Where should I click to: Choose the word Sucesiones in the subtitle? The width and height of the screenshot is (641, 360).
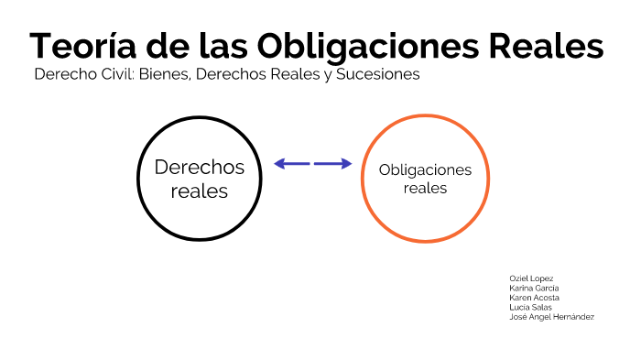click(x=378, y=75)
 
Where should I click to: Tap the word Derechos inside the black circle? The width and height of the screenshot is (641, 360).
click(x=200, y=167)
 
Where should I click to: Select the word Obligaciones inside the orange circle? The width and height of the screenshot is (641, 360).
click(x=425, y=170)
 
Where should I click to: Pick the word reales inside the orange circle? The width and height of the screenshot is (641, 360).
click(x=425, y=189)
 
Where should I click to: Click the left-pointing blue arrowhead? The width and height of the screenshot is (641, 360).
click(x=279, y=164)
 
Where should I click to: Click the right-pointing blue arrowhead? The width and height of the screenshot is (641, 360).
click(x=346, y=164)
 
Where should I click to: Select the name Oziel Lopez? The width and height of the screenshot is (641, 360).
click(x=531, y=278)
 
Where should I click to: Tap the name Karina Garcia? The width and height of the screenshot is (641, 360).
click(x=534, y=288)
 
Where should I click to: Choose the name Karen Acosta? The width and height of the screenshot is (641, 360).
click(x=534, y=298)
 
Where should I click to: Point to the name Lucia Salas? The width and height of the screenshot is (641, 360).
click(x=530, y=307)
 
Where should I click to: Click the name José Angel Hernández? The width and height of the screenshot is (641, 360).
click(x=551, y=317)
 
